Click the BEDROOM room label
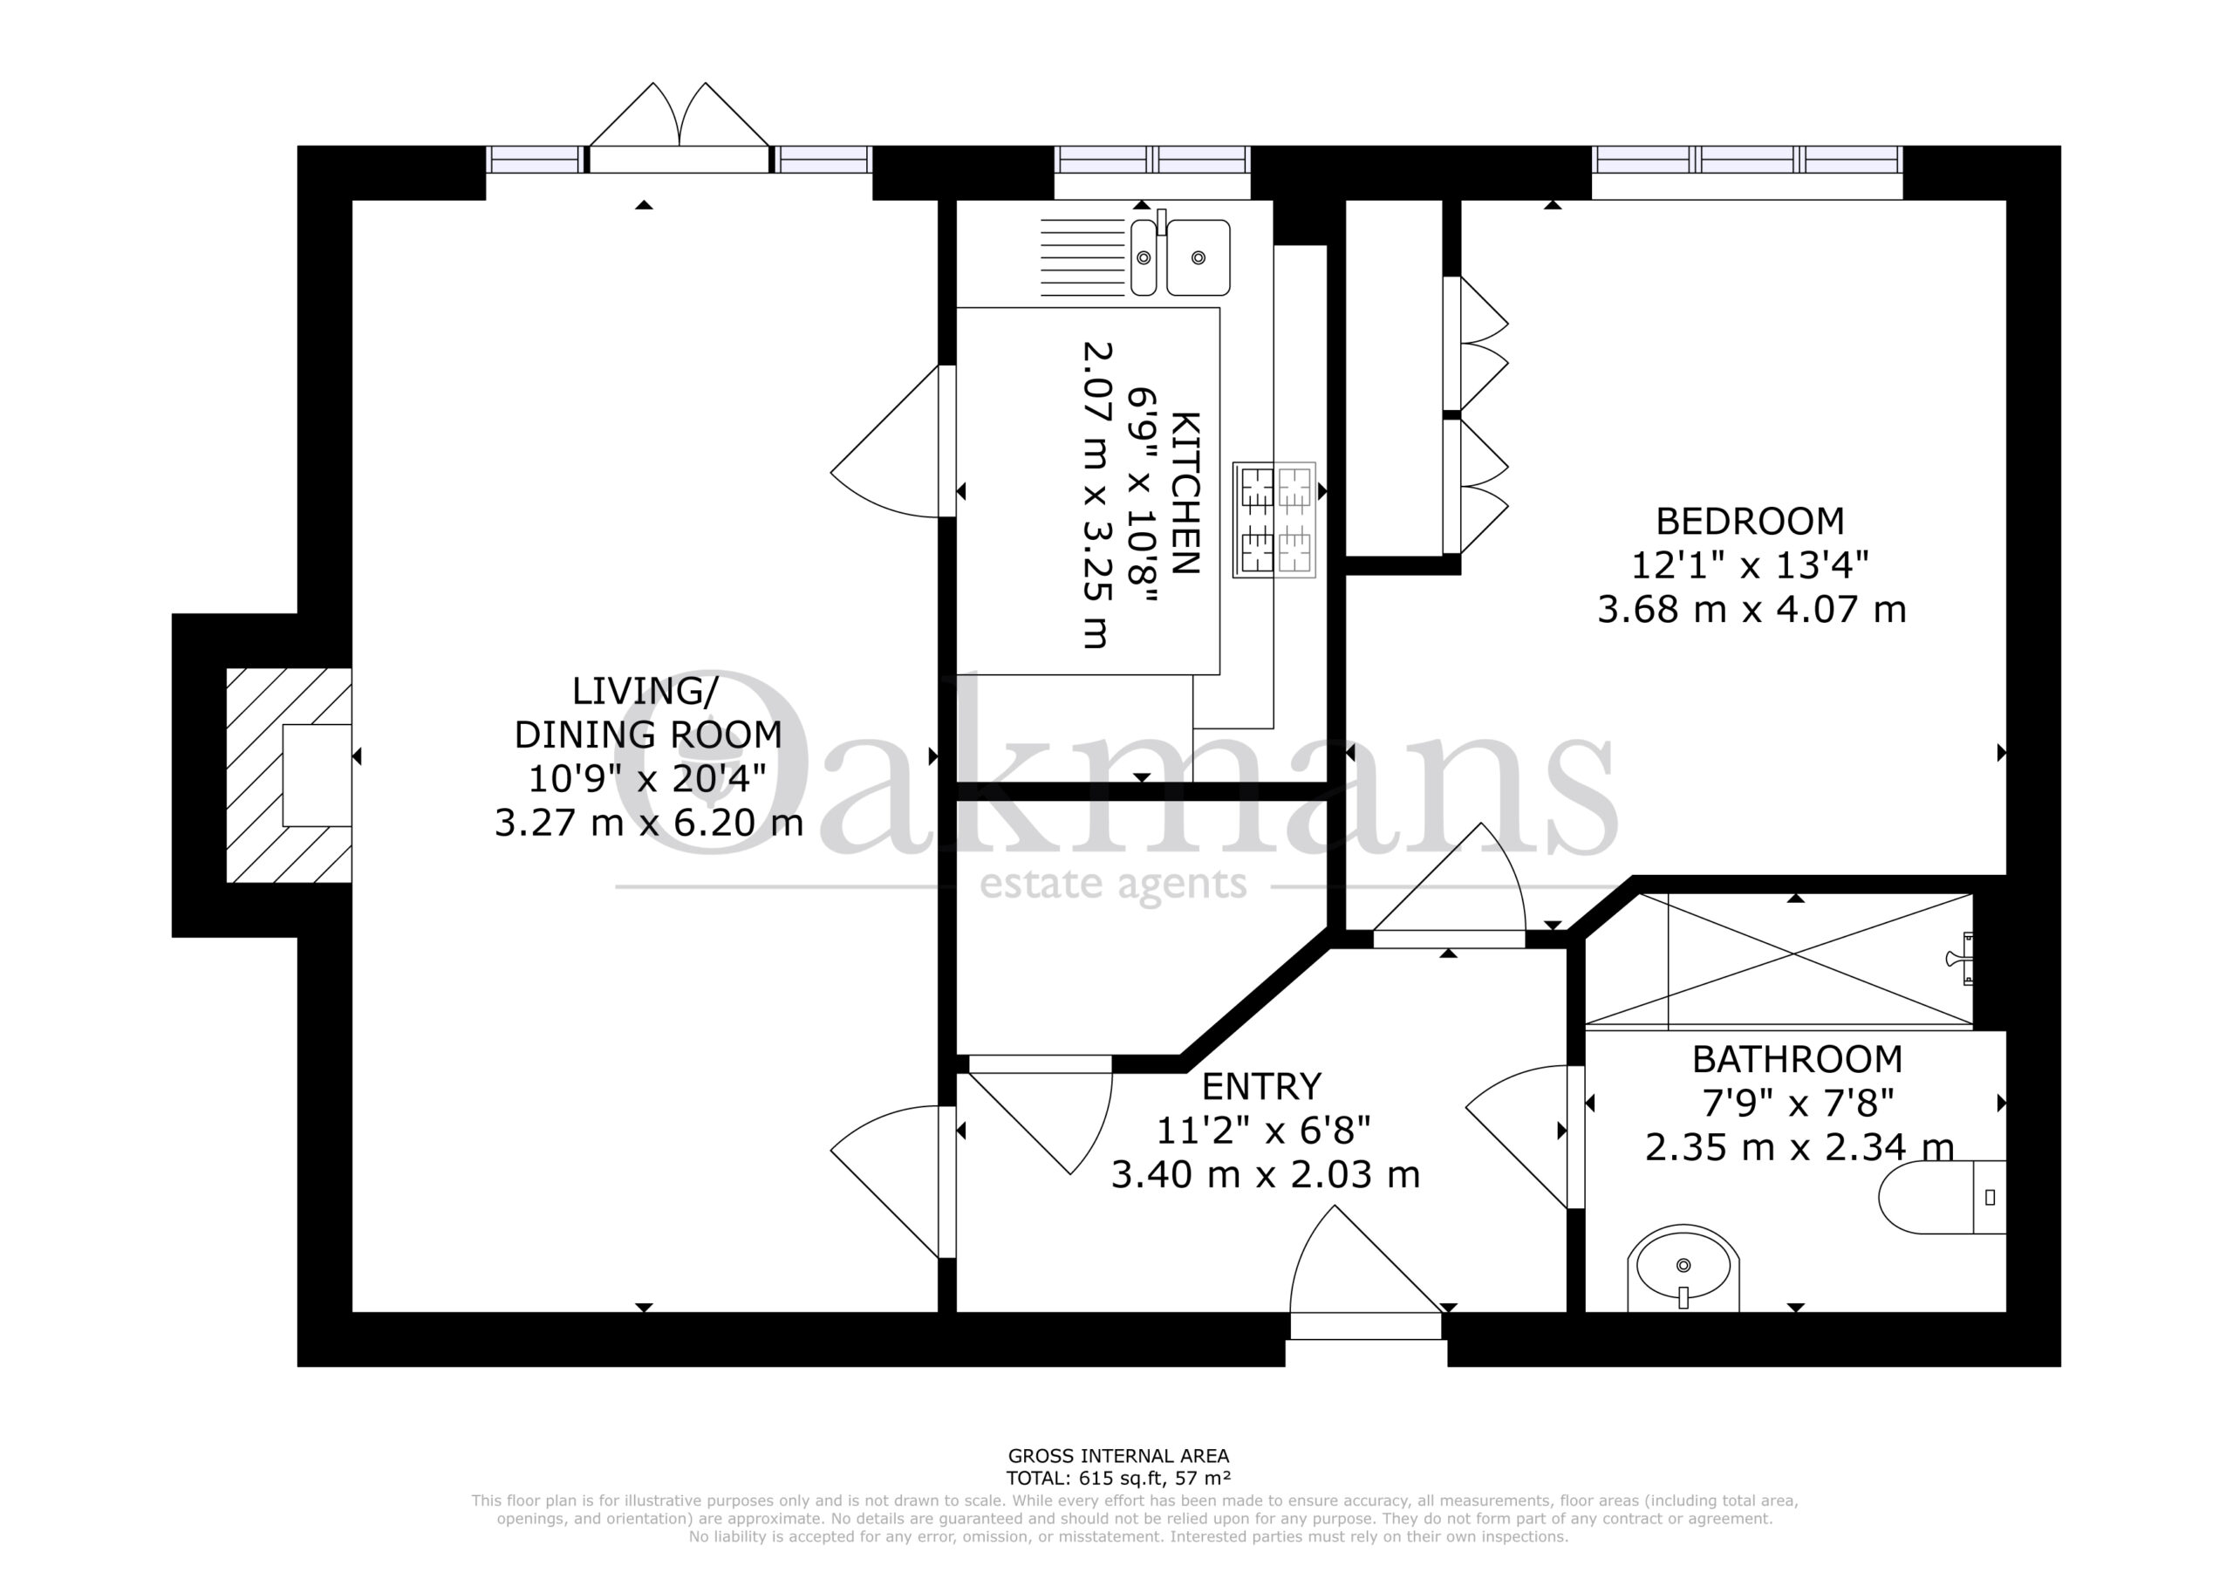coord(1750,522)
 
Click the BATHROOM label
coord(1797,1058)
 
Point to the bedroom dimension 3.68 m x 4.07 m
coord(1752,609)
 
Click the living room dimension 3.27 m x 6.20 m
coord(649,823)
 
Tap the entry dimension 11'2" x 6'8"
coord(1263,1131)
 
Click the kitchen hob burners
coord(1274,521)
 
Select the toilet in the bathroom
coord(1943,1198)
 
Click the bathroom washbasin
coord(1683,1268)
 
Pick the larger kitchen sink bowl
coord(1198,258)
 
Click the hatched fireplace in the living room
coord(289,776)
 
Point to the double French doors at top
coord(679,128)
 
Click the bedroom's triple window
coord(1747,160)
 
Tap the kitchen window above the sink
coord(1152,160)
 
